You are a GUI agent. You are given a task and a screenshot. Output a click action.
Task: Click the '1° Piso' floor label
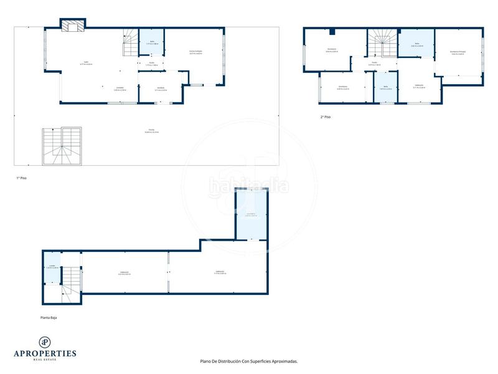(x=21, y=178)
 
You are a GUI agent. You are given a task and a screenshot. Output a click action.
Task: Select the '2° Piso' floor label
(x=325, y=117)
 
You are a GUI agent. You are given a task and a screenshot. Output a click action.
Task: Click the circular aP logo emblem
(x=45, y=342)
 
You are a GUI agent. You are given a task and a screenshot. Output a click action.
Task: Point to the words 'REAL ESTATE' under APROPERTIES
(x=45, y=360)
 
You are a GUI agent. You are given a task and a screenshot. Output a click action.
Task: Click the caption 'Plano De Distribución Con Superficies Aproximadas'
(x=248, y=361)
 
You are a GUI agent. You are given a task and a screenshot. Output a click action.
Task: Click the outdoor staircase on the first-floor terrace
(x=62, y=146)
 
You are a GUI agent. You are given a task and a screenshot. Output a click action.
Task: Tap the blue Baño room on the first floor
(x=151, y=42)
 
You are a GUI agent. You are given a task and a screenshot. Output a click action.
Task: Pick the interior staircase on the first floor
(x=130, y=44)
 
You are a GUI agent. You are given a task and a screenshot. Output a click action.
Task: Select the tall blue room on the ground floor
(x=251, y=215)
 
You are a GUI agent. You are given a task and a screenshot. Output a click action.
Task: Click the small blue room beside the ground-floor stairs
(x=52, y=267)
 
